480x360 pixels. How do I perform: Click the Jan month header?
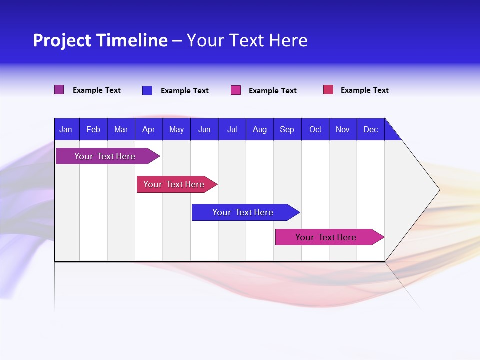[66, 129]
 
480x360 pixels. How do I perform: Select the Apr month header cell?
[148, 129]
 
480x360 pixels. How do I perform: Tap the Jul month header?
[232, 129]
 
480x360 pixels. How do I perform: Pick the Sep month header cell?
[287, 129]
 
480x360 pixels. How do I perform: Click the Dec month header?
[370, 129]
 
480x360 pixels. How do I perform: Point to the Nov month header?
[342, 129]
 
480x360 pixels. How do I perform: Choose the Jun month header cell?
[204, 129]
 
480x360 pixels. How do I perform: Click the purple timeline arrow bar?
[105, 156]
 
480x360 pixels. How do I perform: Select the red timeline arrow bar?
[174, 184]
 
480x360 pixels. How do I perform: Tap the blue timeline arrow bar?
[243, 212]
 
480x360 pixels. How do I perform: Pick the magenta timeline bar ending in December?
[326, 237]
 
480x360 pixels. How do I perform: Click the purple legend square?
[59, 90]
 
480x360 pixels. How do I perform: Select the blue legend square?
[147, 90]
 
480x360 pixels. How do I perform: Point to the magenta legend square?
[236, 90]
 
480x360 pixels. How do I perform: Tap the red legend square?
[328, 90]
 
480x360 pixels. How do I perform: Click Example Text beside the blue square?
[184, 91]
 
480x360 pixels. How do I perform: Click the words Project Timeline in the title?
[100, 40]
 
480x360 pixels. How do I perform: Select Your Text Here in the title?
[247, 40]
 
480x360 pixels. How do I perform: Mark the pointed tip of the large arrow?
[439, 190]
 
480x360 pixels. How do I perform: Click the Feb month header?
[93, 129]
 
